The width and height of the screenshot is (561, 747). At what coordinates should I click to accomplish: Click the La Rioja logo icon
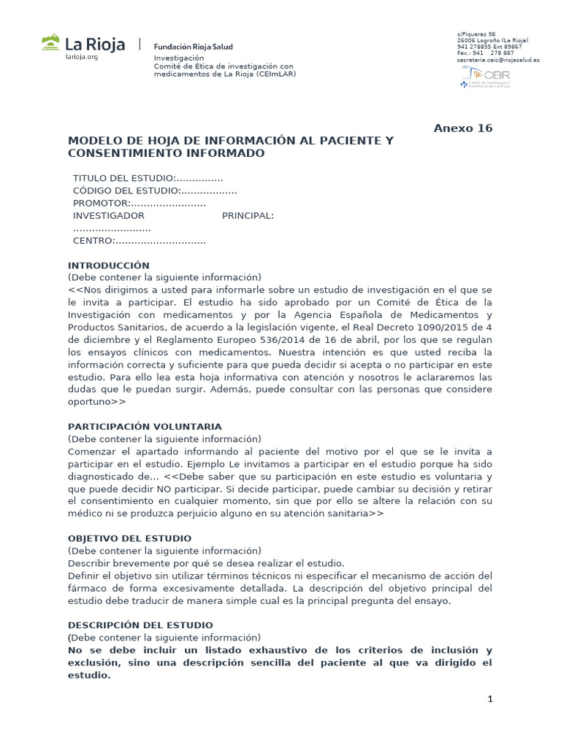tap(51, 43)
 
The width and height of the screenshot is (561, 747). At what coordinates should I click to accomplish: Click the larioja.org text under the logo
tap(82, 58)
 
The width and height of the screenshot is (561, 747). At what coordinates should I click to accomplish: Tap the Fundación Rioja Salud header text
tap(192, 44)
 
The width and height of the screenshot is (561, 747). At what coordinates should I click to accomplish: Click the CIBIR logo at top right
tap(484, 77)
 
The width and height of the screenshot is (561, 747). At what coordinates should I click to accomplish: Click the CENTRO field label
tap(93, 241)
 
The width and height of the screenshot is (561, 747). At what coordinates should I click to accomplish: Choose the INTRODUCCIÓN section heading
tap(108, 266)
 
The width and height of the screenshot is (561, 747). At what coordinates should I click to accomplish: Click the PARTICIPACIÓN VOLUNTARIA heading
tap(145, 426)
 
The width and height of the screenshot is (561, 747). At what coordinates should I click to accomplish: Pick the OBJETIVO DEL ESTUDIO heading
tap(129, 538)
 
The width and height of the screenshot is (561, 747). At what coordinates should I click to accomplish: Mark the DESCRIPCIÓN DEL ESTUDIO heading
tap(140, 625)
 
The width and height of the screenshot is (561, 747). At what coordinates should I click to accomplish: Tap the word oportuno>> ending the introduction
tap(97, 402)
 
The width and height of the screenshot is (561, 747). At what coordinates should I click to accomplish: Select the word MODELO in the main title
tap(92, 141)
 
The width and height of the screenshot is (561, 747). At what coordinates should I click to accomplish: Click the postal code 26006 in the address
tap(466, 40)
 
